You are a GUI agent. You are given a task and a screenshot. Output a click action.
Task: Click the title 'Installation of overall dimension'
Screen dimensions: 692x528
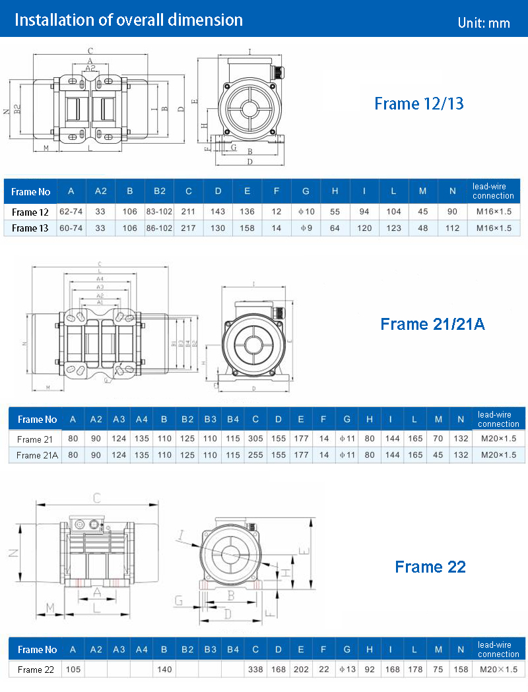pos(129,20)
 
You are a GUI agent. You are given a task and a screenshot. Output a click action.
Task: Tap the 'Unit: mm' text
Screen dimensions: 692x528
pos(483,23)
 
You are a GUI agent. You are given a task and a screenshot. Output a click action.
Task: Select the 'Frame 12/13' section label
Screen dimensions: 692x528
pos(418,104)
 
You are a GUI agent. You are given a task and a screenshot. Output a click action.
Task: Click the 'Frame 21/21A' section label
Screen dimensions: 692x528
pos(432,324)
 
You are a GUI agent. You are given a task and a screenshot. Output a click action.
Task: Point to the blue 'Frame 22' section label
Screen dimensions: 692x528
pos(430,567)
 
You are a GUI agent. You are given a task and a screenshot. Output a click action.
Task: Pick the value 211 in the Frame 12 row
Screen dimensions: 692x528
pos(189,212)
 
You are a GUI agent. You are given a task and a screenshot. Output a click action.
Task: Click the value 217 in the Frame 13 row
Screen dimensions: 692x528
pos(189,228)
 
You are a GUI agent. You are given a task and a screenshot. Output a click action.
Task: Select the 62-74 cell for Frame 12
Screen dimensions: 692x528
pos(71,212)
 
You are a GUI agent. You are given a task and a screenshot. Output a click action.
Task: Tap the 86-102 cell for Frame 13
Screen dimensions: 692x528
pos(159,228)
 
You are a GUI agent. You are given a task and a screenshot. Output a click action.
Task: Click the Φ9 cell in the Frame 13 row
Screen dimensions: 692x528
pos(306,228)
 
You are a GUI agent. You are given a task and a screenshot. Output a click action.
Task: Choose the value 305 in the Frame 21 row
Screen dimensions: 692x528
pos(255,439)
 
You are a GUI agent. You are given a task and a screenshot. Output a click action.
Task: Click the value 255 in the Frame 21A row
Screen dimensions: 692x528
pos(255,455)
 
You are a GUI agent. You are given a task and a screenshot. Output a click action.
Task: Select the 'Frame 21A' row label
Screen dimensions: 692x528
pos(38,455)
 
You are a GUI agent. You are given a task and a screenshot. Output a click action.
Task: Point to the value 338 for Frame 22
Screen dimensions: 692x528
pos(255,670)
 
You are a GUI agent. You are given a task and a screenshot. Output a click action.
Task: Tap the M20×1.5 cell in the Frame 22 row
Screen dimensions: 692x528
pos(498,670)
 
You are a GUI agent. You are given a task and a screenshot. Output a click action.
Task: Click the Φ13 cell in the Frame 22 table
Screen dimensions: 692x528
pos(346,670)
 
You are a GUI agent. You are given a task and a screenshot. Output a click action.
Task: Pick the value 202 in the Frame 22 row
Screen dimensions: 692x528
pos(301,670)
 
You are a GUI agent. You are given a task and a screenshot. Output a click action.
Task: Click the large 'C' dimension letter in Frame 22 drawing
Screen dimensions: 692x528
pos(97,497)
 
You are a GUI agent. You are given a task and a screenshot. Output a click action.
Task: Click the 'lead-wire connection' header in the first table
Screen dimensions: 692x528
pos(493,191)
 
